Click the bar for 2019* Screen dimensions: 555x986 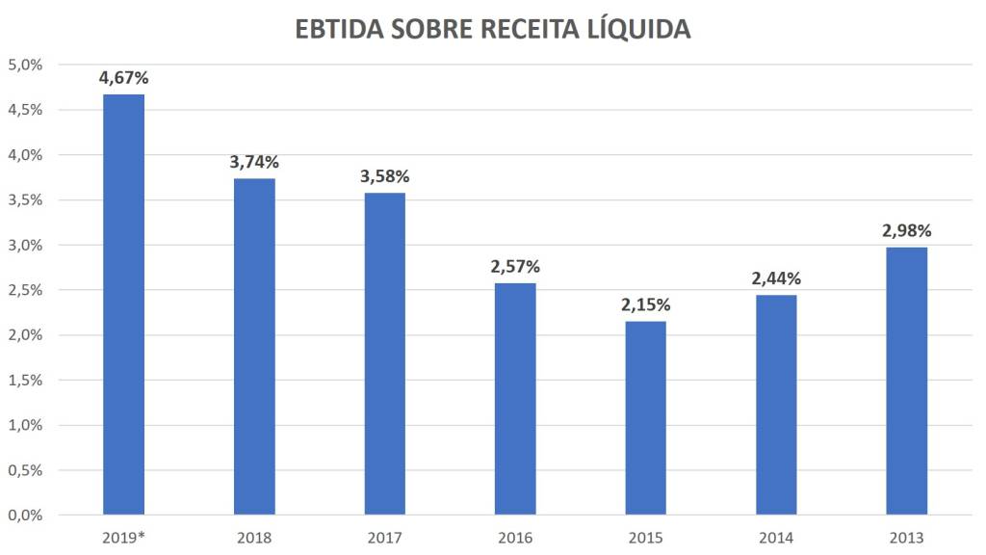coord(123,304)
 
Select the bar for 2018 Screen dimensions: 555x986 coord(254,346)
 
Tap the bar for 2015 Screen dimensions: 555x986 coord(645,417)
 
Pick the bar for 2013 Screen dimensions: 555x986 coord(906,381)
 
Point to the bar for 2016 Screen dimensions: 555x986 coord(515,398)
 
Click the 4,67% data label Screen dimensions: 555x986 coord(123,78)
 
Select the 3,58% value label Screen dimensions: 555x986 coord(384,176)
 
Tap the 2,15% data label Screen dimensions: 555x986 coord(645,305)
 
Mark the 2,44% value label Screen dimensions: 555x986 coord(776,278)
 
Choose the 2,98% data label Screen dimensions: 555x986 coord(906,231)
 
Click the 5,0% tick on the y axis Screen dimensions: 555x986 coord(25,65)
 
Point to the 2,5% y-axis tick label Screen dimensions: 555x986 coord(25,290)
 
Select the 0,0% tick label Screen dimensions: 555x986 coord(25,515)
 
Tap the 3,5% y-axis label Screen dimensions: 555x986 coord(25,199)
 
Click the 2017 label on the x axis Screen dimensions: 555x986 coord(384,538)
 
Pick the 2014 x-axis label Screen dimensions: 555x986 coord(776,538)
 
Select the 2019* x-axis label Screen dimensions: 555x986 coord(123,538)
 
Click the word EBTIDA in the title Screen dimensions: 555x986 coord(338,30)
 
